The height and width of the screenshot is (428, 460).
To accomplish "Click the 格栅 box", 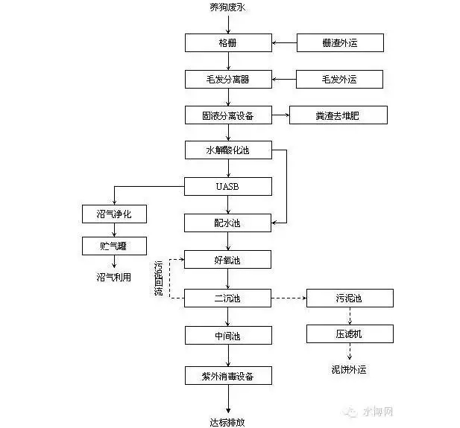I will [227, 42].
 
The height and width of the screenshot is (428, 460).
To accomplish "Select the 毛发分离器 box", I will [227, 78].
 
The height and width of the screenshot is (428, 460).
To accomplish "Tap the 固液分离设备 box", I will [227, 115].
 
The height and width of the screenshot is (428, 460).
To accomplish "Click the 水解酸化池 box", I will [227, 150].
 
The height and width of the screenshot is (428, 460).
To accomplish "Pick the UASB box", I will [227, 186].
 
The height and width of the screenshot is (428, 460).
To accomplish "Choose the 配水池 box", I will [227, 223].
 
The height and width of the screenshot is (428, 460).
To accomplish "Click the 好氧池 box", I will [227, 260].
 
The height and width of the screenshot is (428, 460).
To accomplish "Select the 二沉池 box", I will [227, 298].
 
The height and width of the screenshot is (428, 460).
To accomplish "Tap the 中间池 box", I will [227, 336].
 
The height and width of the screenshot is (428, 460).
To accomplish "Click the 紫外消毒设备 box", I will [227, 375].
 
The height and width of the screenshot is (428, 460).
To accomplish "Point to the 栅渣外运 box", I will [340, 42].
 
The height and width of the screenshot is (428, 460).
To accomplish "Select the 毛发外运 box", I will [340, 78].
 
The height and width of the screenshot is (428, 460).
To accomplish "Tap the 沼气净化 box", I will [114, 215].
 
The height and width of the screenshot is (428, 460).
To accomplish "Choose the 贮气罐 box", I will [114, 246].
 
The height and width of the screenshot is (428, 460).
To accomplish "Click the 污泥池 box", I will [349, 298].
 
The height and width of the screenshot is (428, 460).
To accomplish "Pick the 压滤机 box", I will [349, 333].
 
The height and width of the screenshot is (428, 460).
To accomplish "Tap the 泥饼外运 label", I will [349, 369].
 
